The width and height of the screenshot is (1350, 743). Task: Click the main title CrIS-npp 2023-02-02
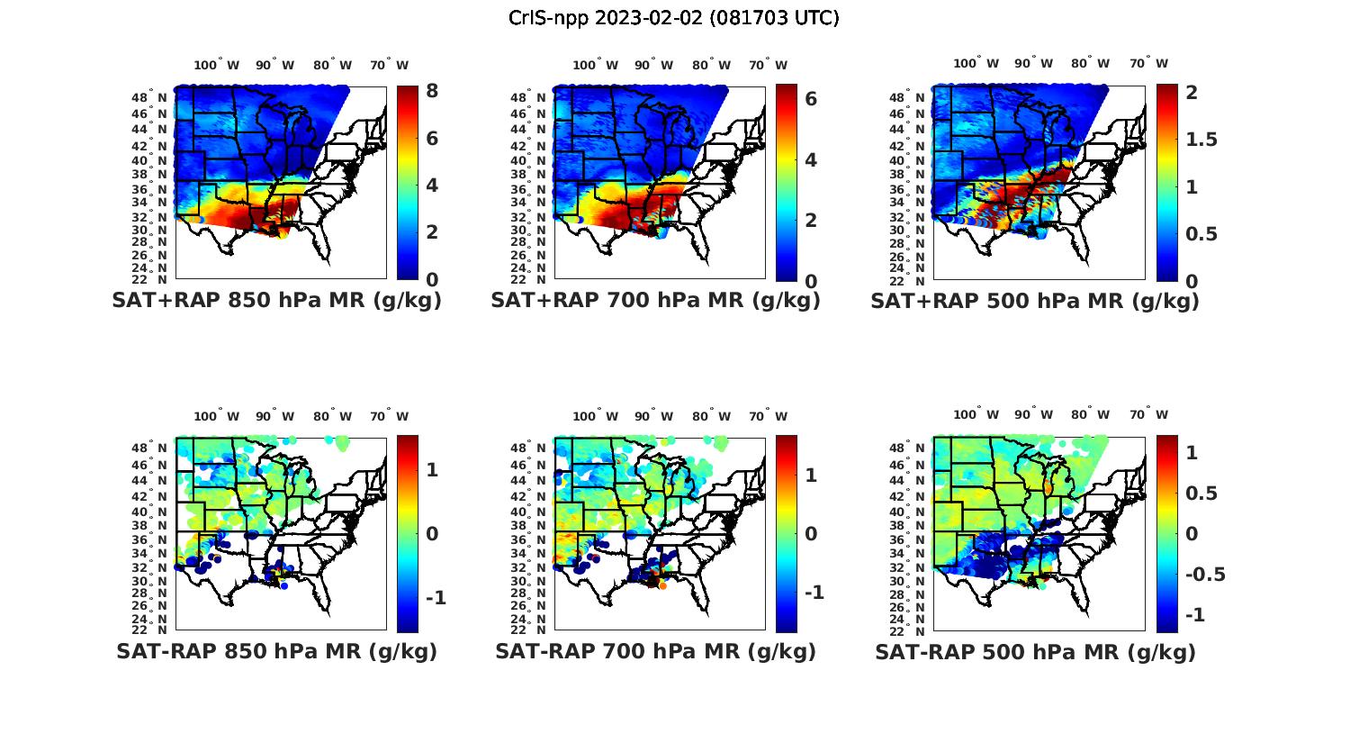[673, 18]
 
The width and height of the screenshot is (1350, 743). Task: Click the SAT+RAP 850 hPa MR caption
[276, 301]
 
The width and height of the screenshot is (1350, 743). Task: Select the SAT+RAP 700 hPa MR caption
[655, 301]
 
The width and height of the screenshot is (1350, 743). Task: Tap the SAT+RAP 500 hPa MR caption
[1035, 301]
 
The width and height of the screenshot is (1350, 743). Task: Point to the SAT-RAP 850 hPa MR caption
[276, 651]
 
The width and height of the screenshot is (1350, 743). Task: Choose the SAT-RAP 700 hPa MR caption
[655, 651]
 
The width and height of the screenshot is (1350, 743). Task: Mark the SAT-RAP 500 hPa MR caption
[1035, 651]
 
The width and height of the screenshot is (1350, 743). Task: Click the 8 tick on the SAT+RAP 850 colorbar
[432, 91]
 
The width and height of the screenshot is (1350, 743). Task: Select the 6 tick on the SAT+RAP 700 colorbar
[810, 98]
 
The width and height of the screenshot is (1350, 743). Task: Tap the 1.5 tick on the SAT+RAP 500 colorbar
[1202, 140]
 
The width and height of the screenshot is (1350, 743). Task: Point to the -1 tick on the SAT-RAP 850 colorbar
[436, 598]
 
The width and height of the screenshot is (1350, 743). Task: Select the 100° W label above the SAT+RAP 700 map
[595, 65]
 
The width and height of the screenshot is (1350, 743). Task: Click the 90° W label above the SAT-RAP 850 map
[274, 416]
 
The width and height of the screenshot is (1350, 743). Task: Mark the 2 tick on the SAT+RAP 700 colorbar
[810, 220]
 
